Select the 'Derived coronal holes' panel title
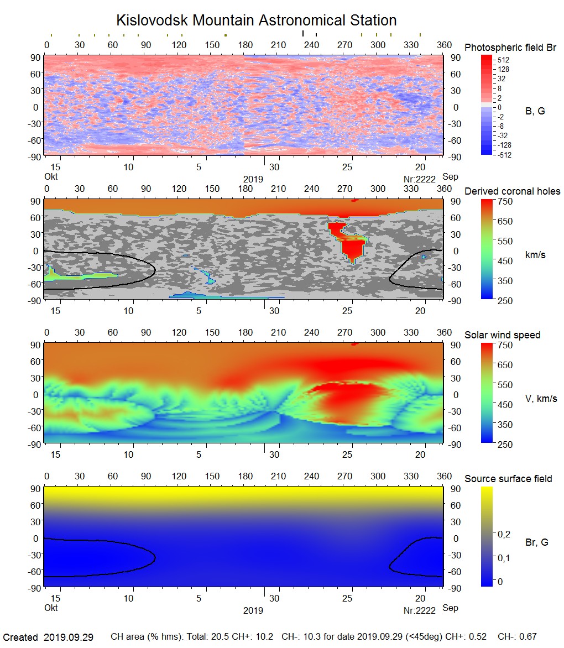(512, 191)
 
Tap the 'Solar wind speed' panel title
(502, 335)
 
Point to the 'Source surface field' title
(508, 479)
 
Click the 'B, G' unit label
(535, 111)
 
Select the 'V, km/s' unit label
(541, 399)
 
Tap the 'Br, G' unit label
(536, 542)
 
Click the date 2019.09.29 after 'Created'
(68, 637)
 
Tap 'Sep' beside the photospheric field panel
(450, 177)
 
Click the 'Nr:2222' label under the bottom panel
(420, 610)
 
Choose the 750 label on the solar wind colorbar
(505, 345)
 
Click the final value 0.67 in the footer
(527, 637)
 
